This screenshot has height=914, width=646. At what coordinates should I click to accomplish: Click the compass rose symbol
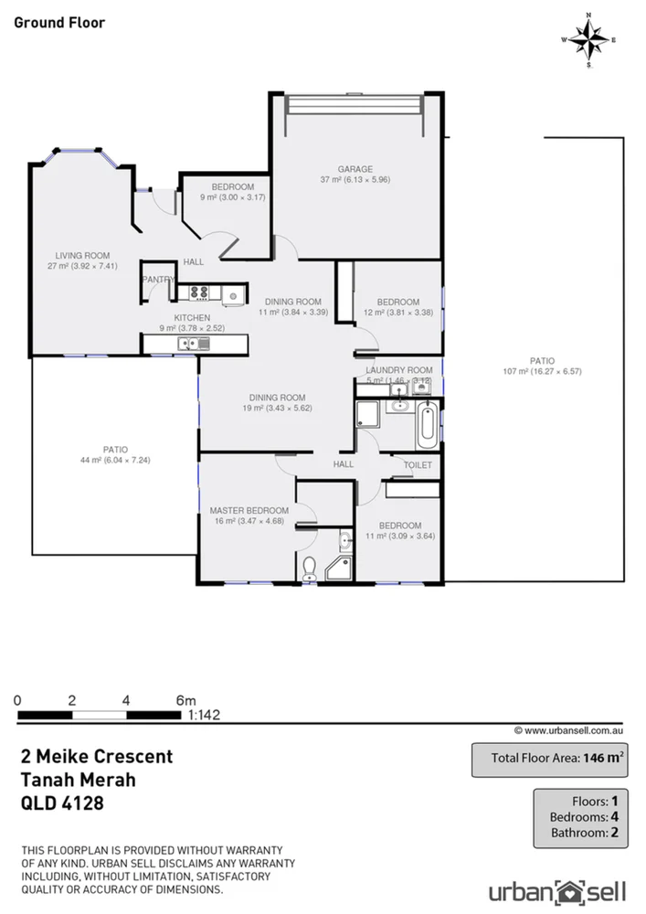(x=589, y=39)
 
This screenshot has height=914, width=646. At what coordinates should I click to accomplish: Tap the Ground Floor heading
(x=59, y=22)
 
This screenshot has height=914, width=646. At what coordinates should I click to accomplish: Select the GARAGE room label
(x=355, y=169)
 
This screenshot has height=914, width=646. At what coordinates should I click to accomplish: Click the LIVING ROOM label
(x=82, y=256)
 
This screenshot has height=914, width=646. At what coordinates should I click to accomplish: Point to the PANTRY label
(x=156, y=280)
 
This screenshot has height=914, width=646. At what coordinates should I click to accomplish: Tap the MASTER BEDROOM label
(x=249, y=511)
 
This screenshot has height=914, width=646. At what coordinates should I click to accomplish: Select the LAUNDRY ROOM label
(x=399, y=370)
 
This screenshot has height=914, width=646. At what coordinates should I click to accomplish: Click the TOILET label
(x=418, y=465)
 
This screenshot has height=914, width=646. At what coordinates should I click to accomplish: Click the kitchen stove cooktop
(x=198, y=292)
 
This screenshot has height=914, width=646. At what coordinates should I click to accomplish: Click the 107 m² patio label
(x=542, y=366)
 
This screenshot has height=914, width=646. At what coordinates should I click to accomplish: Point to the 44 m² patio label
(x=115, y=454)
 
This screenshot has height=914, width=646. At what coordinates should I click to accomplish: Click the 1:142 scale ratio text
(x=204, y=716)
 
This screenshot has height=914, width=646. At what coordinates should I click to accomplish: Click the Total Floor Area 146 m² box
(x=548, y=758)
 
